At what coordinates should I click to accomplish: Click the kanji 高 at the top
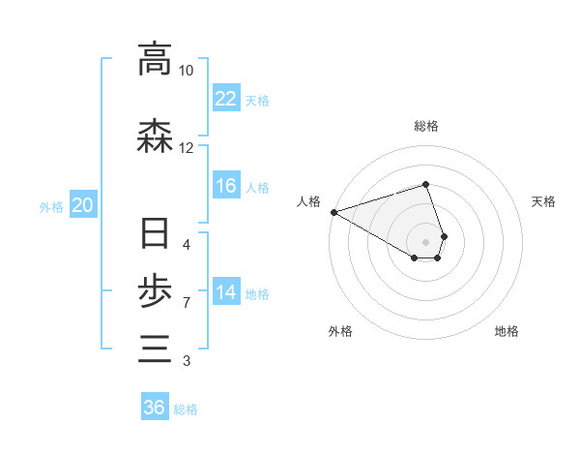pos(155,59)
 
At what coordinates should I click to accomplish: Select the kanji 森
pos(155,137)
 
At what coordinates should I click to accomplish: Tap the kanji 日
pos(155,235)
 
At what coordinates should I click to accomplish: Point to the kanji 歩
pos(155,291)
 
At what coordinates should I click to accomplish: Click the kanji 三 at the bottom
pos(155,348)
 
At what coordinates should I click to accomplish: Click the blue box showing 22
pos(226,99)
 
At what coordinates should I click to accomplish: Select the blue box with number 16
pos(226,186)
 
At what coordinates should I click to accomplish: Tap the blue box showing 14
pos(226,292)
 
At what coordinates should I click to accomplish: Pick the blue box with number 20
pos(82,205)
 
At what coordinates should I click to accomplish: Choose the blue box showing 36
pos(155,408)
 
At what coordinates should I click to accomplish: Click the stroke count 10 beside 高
pos(187,71)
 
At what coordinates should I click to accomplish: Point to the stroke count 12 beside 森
pos(187,148)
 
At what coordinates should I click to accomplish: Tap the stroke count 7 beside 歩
pos(186,303)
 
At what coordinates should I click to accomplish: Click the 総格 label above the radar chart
pos(425,126)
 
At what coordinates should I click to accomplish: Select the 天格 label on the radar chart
pos(543,201)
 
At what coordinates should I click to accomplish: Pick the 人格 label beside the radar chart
pos(308,201)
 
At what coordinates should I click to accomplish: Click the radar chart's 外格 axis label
pos(340,331)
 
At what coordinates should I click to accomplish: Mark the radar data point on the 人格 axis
pos(333,212)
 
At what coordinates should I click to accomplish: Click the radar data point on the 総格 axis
pos(425,184)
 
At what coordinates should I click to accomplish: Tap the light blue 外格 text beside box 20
pos(51,206)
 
